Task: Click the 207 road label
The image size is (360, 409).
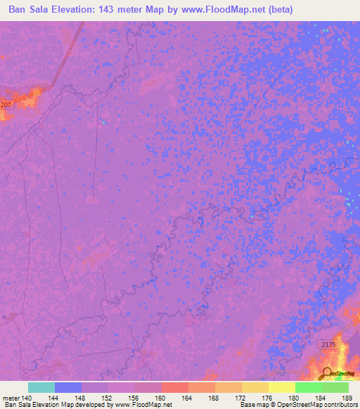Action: [x=6, y=105]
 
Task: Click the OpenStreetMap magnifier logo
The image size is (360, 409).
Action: [x=327, y=374]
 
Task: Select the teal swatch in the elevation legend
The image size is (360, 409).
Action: [x=41, y=387]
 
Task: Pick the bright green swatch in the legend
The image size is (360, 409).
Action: [x=308, y=387]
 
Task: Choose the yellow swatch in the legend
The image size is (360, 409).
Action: [x=281, y=387]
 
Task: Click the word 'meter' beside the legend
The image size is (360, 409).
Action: [x=11, y=398]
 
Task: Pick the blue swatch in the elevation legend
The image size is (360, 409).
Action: [x=68, y=387]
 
